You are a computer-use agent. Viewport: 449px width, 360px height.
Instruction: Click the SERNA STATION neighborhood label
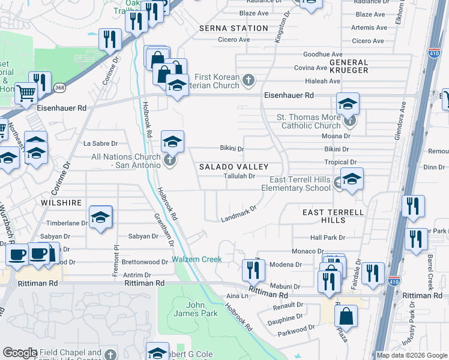(x=234, y=28)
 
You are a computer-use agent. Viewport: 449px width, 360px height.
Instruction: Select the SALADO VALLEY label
(x=233, y=166)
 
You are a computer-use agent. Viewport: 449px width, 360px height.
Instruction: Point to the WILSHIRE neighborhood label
(x=61, y=203)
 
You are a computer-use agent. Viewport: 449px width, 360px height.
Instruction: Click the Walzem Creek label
(x=197, y=259)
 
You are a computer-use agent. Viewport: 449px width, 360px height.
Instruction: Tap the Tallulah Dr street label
(x=240, y=176)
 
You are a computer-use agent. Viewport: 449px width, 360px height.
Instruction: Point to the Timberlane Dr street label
(x=67, y=223)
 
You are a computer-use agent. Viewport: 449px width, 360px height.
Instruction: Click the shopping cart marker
(x=26, y=93)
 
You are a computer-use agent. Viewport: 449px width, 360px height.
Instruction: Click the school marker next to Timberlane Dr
(x=100, y=217)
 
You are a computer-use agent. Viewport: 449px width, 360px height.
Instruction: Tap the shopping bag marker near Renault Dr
(x=346, y=315)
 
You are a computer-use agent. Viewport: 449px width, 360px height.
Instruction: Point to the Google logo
(x=20, y=353)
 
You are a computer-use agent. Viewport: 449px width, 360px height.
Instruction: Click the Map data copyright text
(x=411, y=355)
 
